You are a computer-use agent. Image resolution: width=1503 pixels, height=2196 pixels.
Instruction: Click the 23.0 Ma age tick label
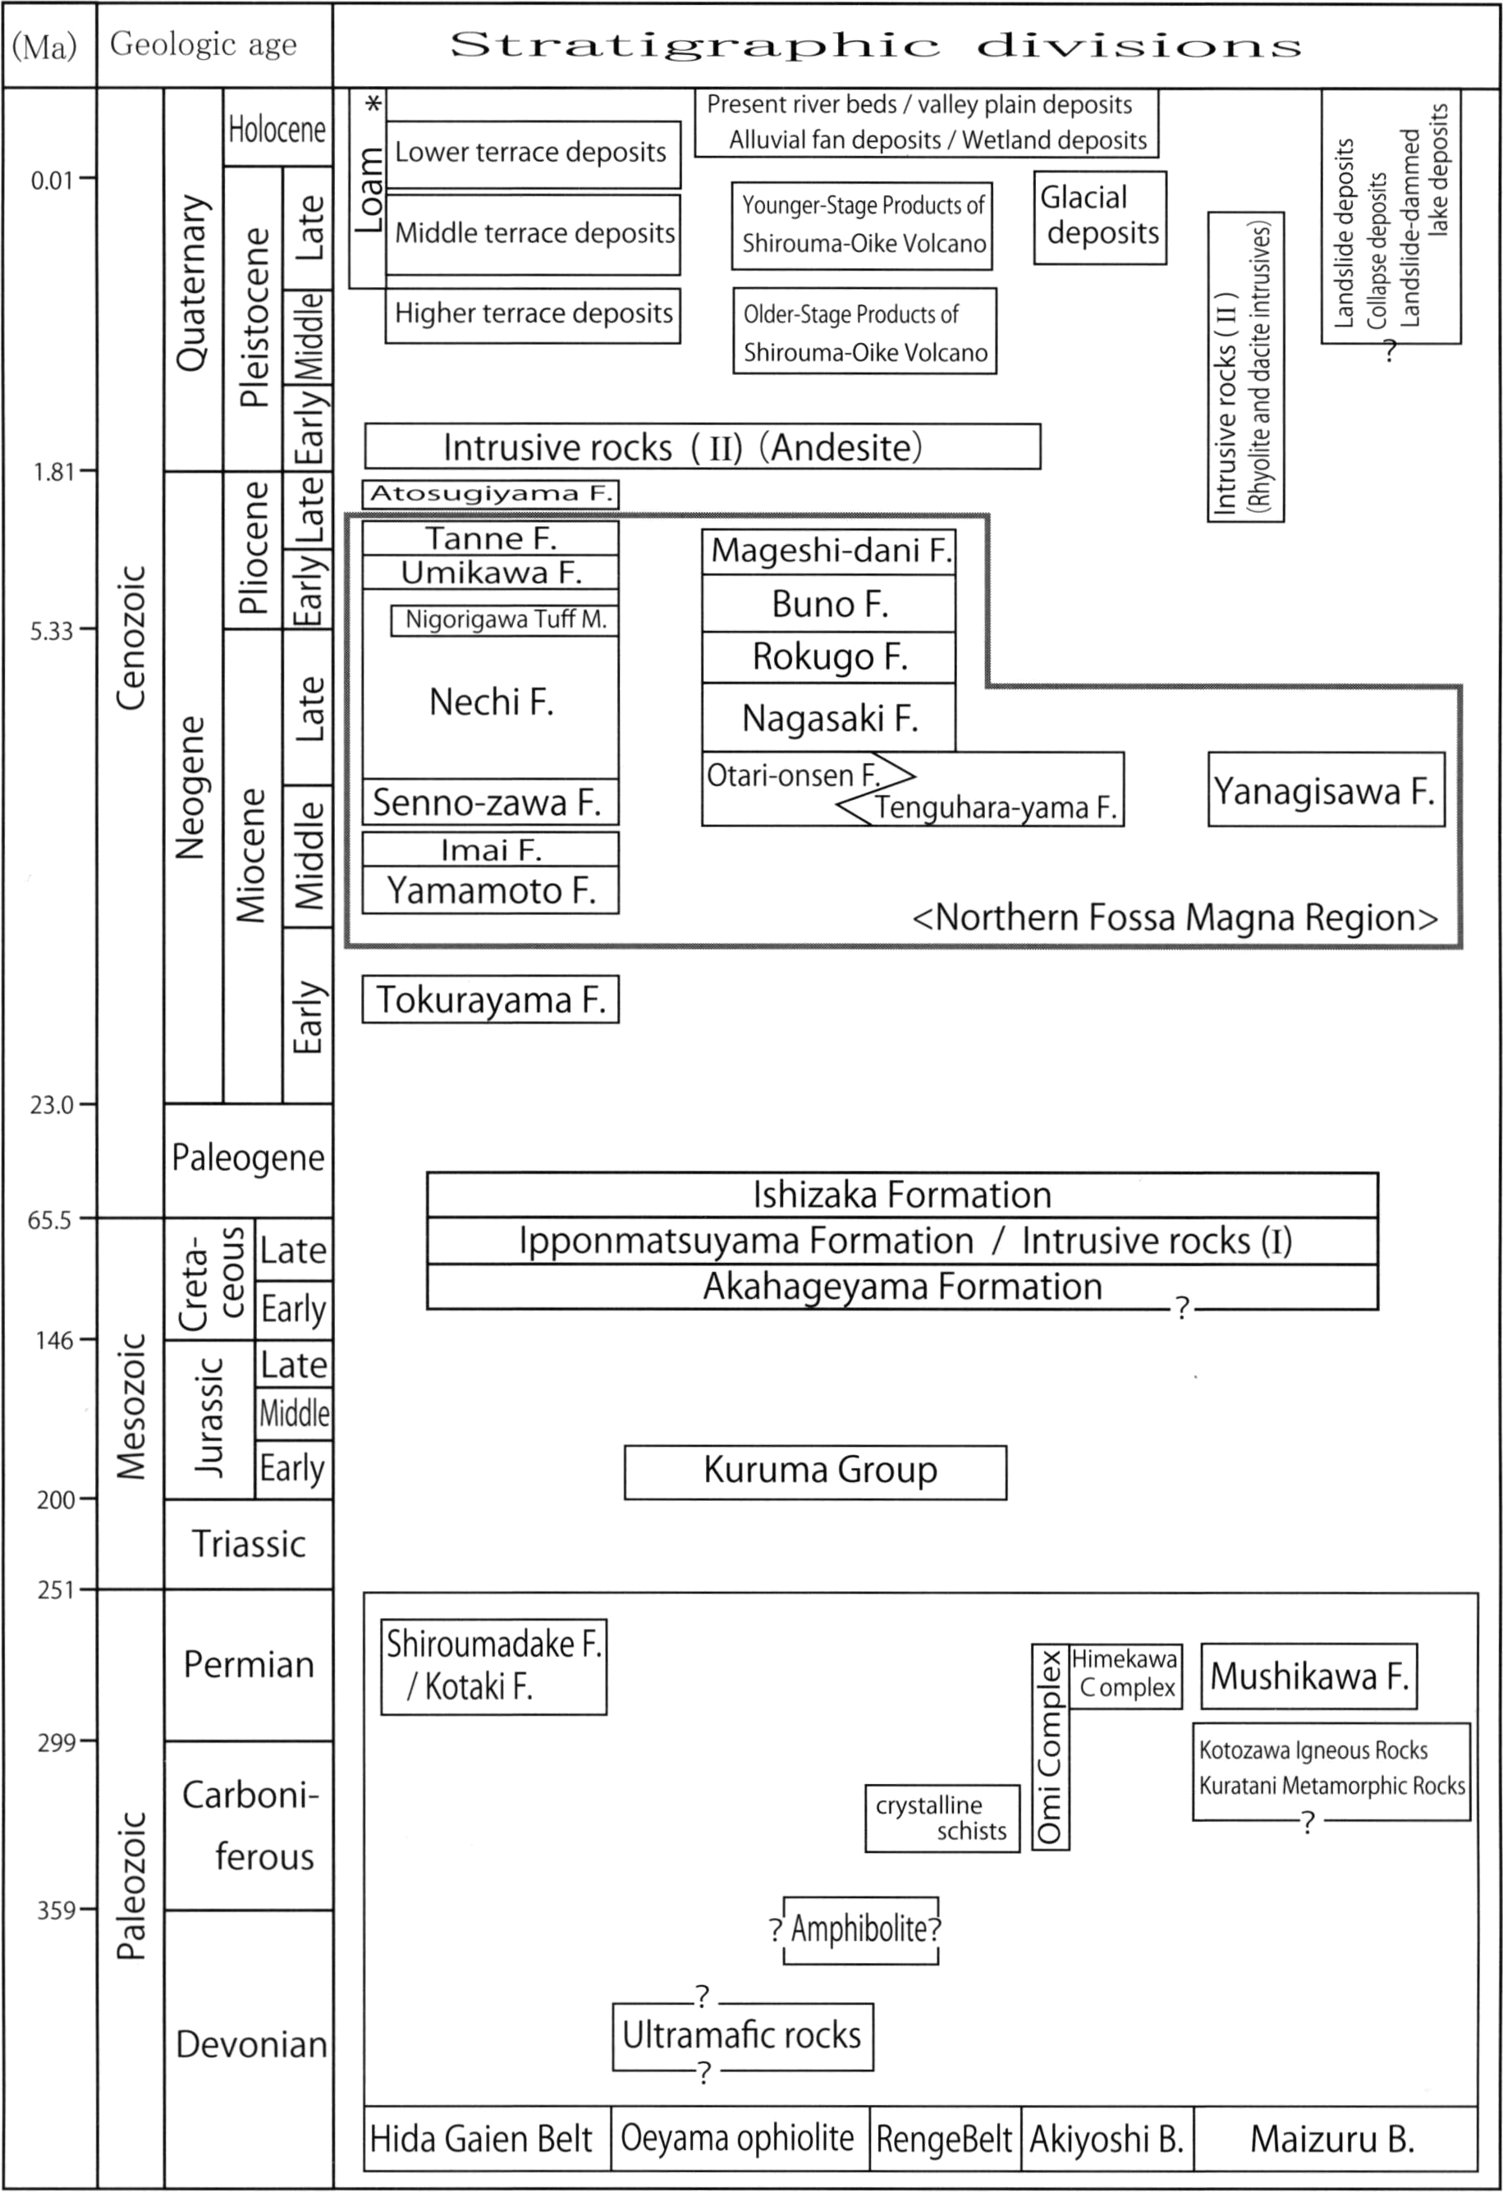pyautogui.click(x=51, y=1104)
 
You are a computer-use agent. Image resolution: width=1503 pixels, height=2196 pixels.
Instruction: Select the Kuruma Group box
pyautogui.click(x=815, y=1471)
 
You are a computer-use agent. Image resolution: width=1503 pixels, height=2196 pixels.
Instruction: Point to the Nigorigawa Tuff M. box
pyautogui.click(x=505, y=620)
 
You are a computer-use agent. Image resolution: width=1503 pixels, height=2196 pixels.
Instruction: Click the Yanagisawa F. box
pyautogui.click(x=1327, y=790)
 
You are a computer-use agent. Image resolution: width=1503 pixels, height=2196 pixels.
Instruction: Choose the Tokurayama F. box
pyautogui.click(x=491, y=999)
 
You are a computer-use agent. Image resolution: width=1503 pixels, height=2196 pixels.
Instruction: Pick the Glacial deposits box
pyautogui.click(x=1099, y=217)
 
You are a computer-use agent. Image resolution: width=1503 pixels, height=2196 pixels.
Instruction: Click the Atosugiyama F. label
pyautogui.click(x=490, y=493)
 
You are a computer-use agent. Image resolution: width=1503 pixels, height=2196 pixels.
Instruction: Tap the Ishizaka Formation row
pyautogui.click(x=902, y=1194)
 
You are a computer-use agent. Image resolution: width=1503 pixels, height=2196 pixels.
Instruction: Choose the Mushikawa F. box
pyautogui.click(x=1309, y=1677)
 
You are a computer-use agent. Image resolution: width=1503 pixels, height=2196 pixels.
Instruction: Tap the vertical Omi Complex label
pyautogui.click(x=1050, y=1747)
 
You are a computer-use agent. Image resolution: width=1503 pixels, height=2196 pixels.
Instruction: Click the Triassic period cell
pyautogui.click(x=249, y=1544)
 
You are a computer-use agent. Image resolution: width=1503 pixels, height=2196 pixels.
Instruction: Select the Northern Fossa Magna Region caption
pyautogui.click(x=1175, y=917)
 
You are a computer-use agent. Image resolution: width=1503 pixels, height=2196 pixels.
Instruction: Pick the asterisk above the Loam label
pyautogui.click(x=374, y=104)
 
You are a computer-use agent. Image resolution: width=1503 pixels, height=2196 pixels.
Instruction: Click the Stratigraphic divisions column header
pyautogui.click(x=875, y=45)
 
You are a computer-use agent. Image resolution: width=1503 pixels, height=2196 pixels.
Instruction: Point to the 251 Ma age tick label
pyautogui.click(x=56, y=1590)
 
